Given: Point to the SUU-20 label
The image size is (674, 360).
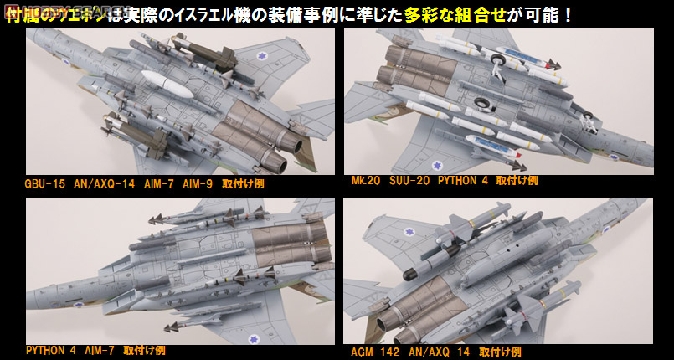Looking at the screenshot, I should coord(404,179).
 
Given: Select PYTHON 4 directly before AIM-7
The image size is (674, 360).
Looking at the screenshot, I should coord(54,349).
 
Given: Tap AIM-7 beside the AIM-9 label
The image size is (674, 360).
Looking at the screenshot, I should coord(155,183).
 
